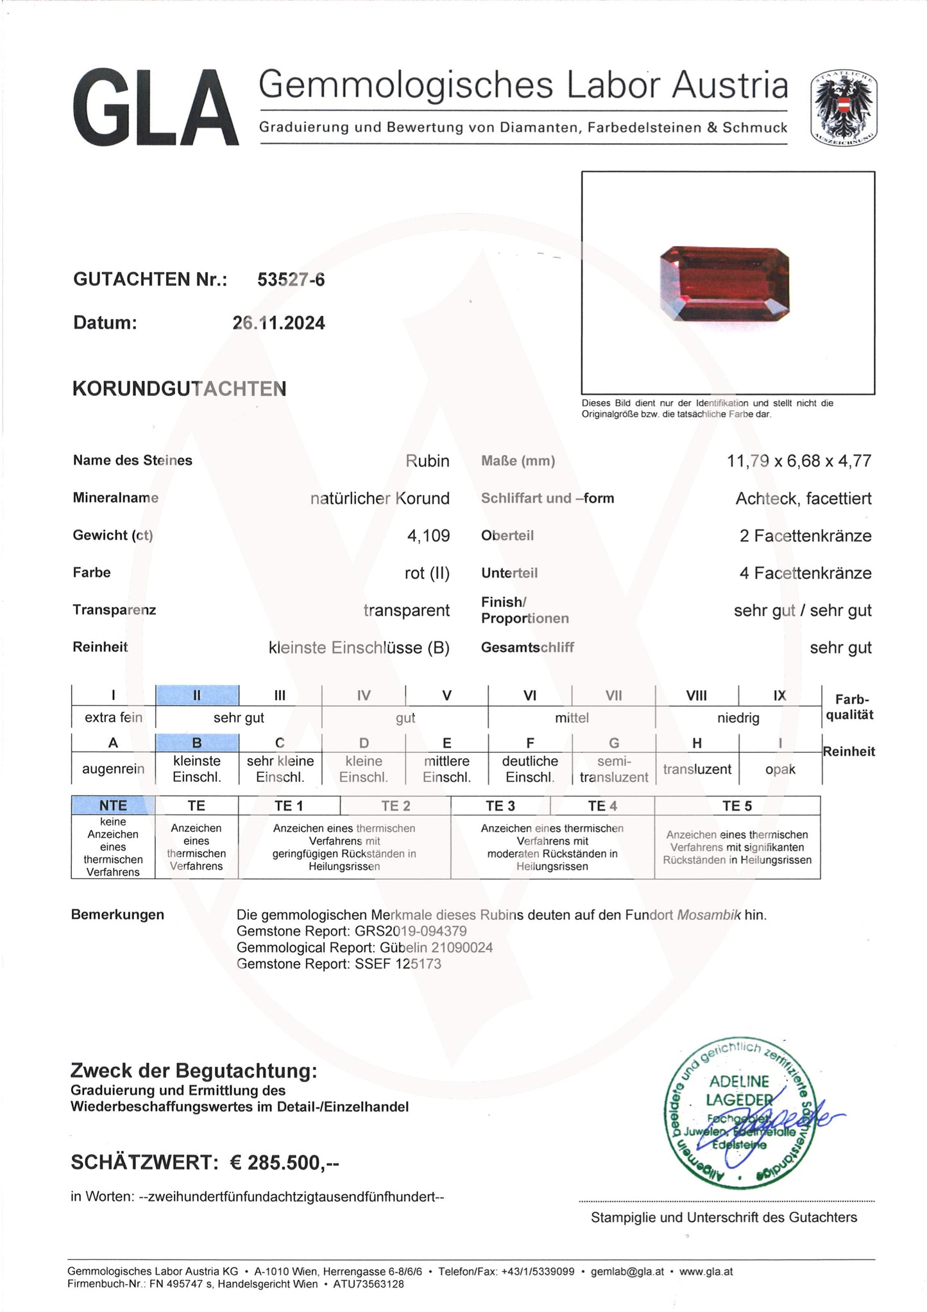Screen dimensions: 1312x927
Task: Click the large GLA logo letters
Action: [x=156, y=109]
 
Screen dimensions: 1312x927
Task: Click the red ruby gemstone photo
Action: [x=724, y=282]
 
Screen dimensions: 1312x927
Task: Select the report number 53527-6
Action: [x=291, y=279]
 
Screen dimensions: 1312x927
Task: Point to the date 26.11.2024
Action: [x=278, y=323]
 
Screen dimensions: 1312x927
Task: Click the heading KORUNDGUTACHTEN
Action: [x=179, y=389]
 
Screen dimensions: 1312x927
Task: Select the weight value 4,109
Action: [x=428, y=535]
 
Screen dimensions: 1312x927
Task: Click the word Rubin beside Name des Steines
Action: [x=427, y=461]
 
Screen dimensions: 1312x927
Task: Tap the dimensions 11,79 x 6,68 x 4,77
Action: [x=799, y=461]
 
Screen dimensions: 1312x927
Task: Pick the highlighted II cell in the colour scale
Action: [x=197, y=695]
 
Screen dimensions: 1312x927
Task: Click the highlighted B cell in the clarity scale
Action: [x=197, y=743]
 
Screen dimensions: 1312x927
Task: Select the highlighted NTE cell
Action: [x=113, y=806]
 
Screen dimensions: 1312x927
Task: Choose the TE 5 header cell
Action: [x=736, y=806]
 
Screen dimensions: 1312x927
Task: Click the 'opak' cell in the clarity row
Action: [x=780, y=769]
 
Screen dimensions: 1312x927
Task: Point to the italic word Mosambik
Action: [x=709, y=915]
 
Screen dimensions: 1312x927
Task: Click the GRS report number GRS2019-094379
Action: [x=411, y=931]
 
